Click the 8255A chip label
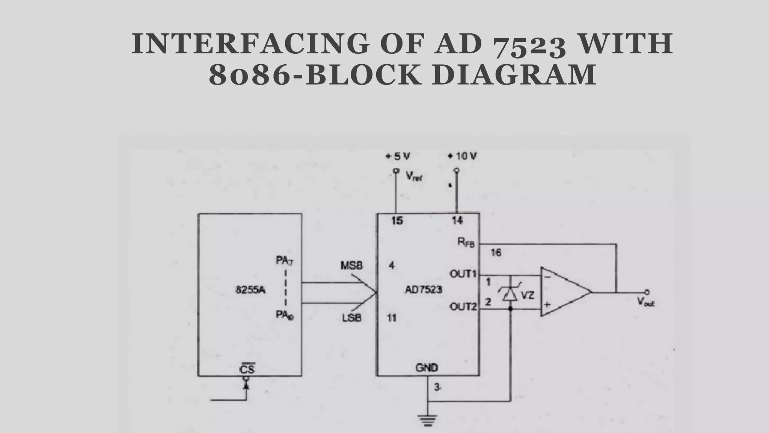250,290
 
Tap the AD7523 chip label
424,290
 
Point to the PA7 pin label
285,260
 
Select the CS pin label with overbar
247,369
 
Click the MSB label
351,266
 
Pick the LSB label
352,318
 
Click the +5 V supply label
398,156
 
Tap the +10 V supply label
462,156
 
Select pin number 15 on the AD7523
397,221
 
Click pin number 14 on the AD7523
457,221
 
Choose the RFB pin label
466,242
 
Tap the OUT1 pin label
463,274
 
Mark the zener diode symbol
510,293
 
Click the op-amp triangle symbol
563,292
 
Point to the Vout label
645,301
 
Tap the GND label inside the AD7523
427,367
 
